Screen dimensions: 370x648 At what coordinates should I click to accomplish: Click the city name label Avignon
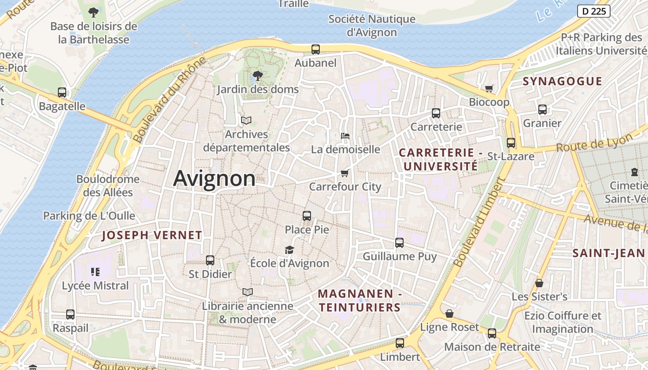click(214, 179)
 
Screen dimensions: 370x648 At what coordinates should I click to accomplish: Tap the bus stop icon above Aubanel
click(316, 49)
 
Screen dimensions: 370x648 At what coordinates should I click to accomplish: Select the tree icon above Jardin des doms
click(258, 75)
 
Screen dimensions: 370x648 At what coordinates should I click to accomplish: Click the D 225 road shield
click(594, 11)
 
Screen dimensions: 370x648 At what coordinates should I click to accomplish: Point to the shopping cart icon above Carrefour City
click(344, 173)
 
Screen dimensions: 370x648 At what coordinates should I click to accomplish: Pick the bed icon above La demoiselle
click(345, 136)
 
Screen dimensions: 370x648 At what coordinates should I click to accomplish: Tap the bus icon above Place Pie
click(307, 216)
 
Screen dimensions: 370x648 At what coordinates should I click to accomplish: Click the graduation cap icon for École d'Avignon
click(289, 250)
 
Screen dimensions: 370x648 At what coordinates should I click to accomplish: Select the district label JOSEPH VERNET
click(152, 235)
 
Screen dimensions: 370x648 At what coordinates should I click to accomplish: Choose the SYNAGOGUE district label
click(562, 81)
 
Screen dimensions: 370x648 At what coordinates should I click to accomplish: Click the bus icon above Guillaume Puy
click(399, 243)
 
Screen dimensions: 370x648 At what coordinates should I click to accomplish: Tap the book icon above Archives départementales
click(246, 121)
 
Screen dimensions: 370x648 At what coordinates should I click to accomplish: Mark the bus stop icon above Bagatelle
click(62, 92)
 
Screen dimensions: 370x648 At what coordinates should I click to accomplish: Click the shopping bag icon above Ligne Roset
click(449, 314)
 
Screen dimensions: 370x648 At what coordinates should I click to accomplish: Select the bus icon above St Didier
click(210, 260)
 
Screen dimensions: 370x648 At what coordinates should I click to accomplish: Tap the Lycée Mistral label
click(95, 286)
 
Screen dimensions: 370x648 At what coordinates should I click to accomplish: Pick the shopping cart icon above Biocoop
click(489, 88)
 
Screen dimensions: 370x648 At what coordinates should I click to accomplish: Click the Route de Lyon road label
click(594, 143)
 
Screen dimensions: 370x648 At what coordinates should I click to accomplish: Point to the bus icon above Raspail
click(70, 314)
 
